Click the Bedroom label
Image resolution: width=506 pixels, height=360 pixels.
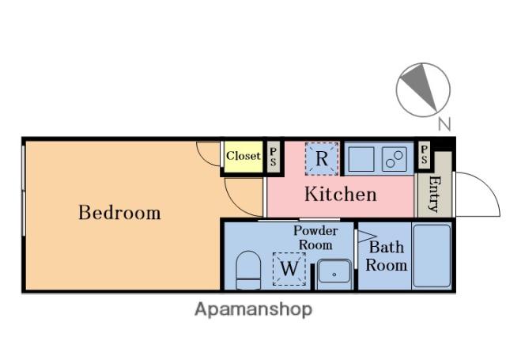point(119,213)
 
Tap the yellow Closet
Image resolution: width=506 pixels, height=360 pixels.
point(244,157)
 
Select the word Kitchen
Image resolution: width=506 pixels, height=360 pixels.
point(341,194)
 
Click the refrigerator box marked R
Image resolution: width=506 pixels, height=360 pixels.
point(322,159)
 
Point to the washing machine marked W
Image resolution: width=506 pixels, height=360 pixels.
point(289,269)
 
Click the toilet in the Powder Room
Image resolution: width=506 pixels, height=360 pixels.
point(248,271)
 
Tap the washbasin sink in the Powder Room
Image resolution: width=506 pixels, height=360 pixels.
point(334,274)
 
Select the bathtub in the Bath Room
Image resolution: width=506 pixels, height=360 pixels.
point(432,256)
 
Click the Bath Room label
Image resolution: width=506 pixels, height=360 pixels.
point(387,256)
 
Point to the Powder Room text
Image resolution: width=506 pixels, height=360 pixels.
point(315,237)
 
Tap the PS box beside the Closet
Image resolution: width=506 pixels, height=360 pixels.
point(274,157)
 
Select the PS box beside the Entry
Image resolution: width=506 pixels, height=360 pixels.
point(424,154)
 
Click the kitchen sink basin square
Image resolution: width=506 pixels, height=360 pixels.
point(361,159)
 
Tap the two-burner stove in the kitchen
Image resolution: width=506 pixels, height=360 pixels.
point(395,159)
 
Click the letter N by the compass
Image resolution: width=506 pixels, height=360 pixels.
point(444,124)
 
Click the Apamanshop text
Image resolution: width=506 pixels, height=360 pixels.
point(253,309)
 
